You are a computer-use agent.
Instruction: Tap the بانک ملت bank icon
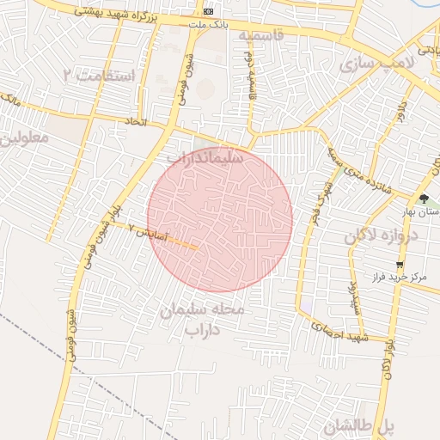(210, 11)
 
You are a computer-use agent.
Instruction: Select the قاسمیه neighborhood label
(260, 35)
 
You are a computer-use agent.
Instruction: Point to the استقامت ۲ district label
(100, 76)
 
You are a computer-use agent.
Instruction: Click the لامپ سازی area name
(376, 64)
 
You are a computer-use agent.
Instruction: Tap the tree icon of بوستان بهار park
(424, 199)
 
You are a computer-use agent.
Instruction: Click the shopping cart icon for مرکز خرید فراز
(400, 265)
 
